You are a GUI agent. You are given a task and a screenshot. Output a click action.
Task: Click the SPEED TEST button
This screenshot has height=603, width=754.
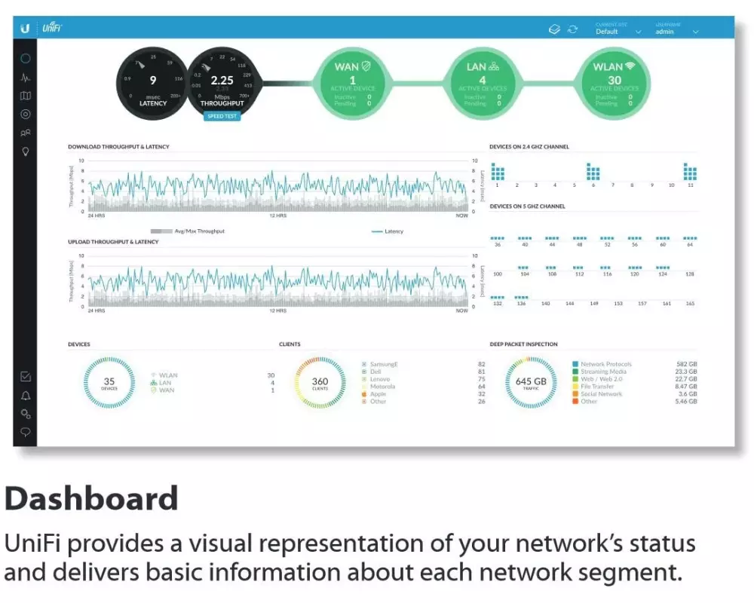coord(222,116)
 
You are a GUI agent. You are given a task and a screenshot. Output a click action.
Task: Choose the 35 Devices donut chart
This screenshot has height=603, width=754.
coord(109,384)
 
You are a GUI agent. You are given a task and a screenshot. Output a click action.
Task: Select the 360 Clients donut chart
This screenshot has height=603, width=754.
coord(320,384)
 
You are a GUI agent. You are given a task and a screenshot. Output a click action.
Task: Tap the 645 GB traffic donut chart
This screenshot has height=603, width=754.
coord(530,384)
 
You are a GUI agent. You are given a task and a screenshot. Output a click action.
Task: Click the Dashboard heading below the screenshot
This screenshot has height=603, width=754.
coord(91,499)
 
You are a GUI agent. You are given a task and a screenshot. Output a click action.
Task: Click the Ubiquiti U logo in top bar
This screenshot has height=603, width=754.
coord(25,28)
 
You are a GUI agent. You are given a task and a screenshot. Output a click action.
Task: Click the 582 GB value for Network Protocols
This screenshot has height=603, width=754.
coord(686,364)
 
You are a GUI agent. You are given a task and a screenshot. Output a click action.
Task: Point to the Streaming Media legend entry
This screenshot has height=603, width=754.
coord(603,372)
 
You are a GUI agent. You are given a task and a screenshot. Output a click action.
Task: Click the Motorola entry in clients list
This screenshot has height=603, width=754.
coord(382,387)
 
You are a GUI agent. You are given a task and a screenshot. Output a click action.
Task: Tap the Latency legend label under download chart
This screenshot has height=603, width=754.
coord(394,231)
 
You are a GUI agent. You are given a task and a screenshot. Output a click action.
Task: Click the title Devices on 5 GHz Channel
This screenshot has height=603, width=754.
coord(527,206)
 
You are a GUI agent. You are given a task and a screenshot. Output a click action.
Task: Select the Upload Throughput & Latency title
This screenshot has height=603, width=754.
coord(113,242)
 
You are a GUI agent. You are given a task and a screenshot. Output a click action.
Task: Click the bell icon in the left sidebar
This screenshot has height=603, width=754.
coord(26,396)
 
